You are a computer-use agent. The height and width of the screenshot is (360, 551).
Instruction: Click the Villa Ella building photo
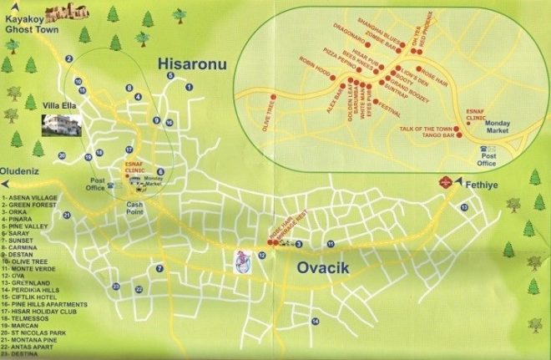coord(62,125)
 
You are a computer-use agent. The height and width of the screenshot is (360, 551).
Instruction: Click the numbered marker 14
coord(315,321)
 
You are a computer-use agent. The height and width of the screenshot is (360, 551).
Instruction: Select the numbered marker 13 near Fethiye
coord(465,206)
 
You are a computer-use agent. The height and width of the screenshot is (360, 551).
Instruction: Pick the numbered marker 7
coord(159,268)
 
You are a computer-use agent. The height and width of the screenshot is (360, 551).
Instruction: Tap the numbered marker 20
coord(61,155)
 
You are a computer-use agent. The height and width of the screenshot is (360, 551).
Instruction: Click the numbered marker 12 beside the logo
coord(262,255)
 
